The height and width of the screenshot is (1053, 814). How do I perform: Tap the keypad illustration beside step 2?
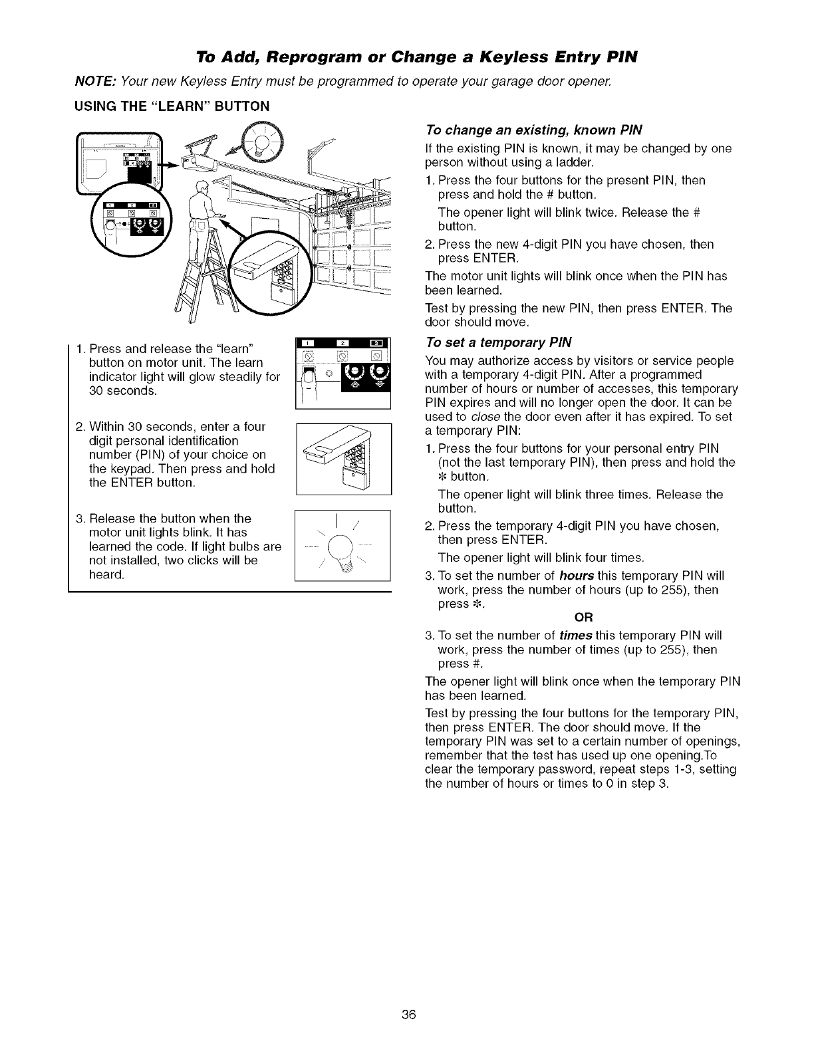[x=343, y=459]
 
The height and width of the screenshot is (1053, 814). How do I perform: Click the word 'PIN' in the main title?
[x=622, y=57]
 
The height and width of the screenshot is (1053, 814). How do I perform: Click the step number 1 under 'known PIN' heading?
[x=429, y=181]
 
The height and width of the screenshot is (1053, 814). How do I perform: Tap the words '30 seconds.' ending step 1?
[x=123, y=391]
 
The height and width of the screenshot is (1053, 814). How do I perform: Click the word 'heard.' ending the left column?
[x=106, y=575]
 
